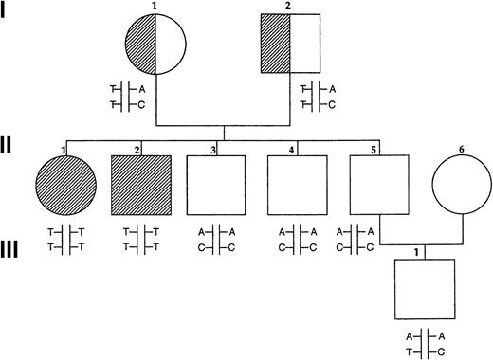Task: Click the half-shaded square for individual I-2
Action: pos(289,45)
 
